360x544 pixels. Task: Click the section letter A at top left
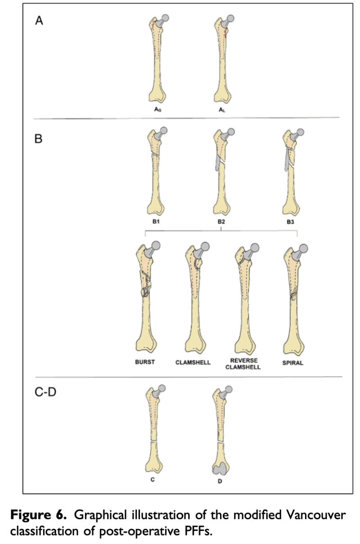point(39,21)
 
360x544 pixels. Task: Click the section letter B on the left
point(38,139)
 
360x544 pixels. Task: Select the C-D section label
point(45,392)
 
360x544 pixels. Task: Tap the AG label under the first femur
point(157,109)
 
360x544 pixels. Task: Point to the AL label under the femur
point(222,110)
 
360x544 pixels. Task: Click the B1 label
point(156,221)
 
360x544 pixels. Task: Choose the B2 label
point(221,222)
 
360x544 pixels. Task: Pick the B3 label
point(290,222)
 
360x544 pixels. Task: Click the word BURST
point(145,362)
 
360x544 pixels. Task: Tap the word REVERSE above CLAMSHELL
point(244,360)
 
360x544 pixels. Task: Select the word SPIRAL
point(292,363)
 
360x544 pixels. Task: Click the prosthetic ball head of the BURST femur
point(156,246)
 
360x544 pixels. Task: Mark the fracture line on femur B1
point(155,154)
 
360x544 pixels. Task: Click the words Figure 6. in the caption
point(38,515)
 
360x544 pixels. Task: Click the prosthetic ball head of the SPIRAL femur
point(303,249)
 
